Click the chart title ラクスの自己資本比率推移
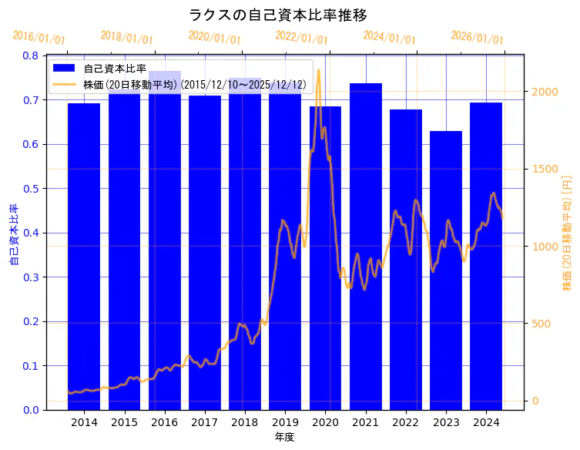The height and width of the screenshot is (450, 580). (278, 15)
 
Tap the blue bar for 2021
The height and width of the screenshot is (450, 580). (366, 247)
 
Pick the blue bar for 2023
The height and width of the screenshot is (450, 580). (446, 270)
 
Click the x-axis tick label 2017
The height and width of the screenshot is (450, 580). (205, 422)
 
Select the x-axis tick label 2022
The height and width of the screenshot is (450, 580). (406, 422)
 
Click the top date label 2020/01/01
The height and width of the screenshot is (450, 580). (214, 38)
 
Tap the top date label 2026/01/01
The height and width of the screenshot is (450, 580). (477, 38)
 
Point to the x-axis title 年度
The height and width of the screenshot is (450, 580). (285, 437)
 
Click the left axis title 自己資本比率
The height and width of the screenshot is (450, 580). (13, 234)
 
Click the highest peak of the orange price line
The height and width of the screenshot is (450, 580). (318, 70)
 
